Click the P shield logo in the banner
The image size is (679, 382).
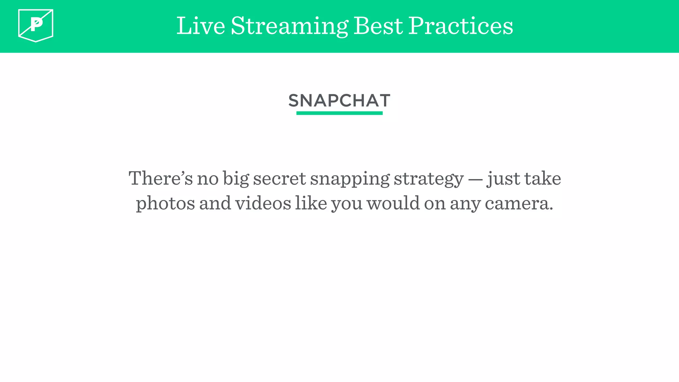pyautogui.click(x=36, y=26)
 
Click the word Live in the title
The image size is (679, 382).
pyautogui.click(x=201, y=26)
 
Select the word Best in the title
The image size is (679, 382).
pyautogui.click(x=378, y=26)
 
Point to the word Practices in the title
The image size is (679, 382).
pyautogui.click(x=461, y=26)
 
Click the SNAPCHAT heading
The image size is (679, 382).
pyautogui.click(x=339, y=100)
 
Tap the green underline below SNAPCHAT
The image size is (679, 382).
pyautogui.click(x=339, y=113)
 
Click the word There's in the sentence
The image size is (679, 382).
pyautogui.click(x=160, y=178)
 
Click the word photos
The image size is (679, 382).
pyautogui.click(x=165, y=204)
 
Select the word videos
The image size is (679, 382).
pyautogui.click(x=263, y=203)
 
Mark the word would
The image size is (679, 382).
pyautogui.click(x=393, y=203)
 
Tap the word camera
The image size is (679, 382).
pyautogui.click(x=519, y=204)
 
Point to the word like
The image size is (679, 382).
pyautogui.click(x=311, y=203)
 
